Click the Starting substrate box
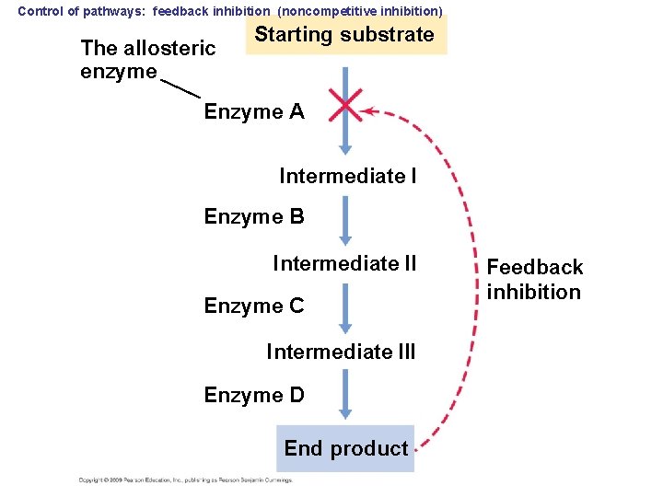coord(345,36)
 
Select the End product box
coord(345,448)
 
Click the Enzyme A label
coord(254,112)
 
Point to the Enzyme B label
coord(254,217)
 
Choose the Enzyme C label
coord(254,306)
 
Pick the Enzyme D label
coord(254,395)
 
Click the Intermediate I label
coord(347,175)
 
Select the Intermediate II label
coord(344,264)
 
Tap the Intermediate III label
coord(341,352)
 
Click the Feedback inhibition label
coord(534,280)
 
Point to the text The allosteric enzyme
coord(147,59)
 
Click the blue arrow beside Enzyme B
coord(345,221)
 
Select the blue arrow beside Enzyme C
coord(345,308)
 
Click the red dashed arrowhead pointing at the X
coord(367,111)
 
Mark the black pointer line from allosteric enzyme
coord(180,87)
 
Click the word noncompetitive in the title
coord(325,11)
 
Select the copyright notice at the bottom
coord(184,480)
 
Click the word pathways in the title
coord(115,11)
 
